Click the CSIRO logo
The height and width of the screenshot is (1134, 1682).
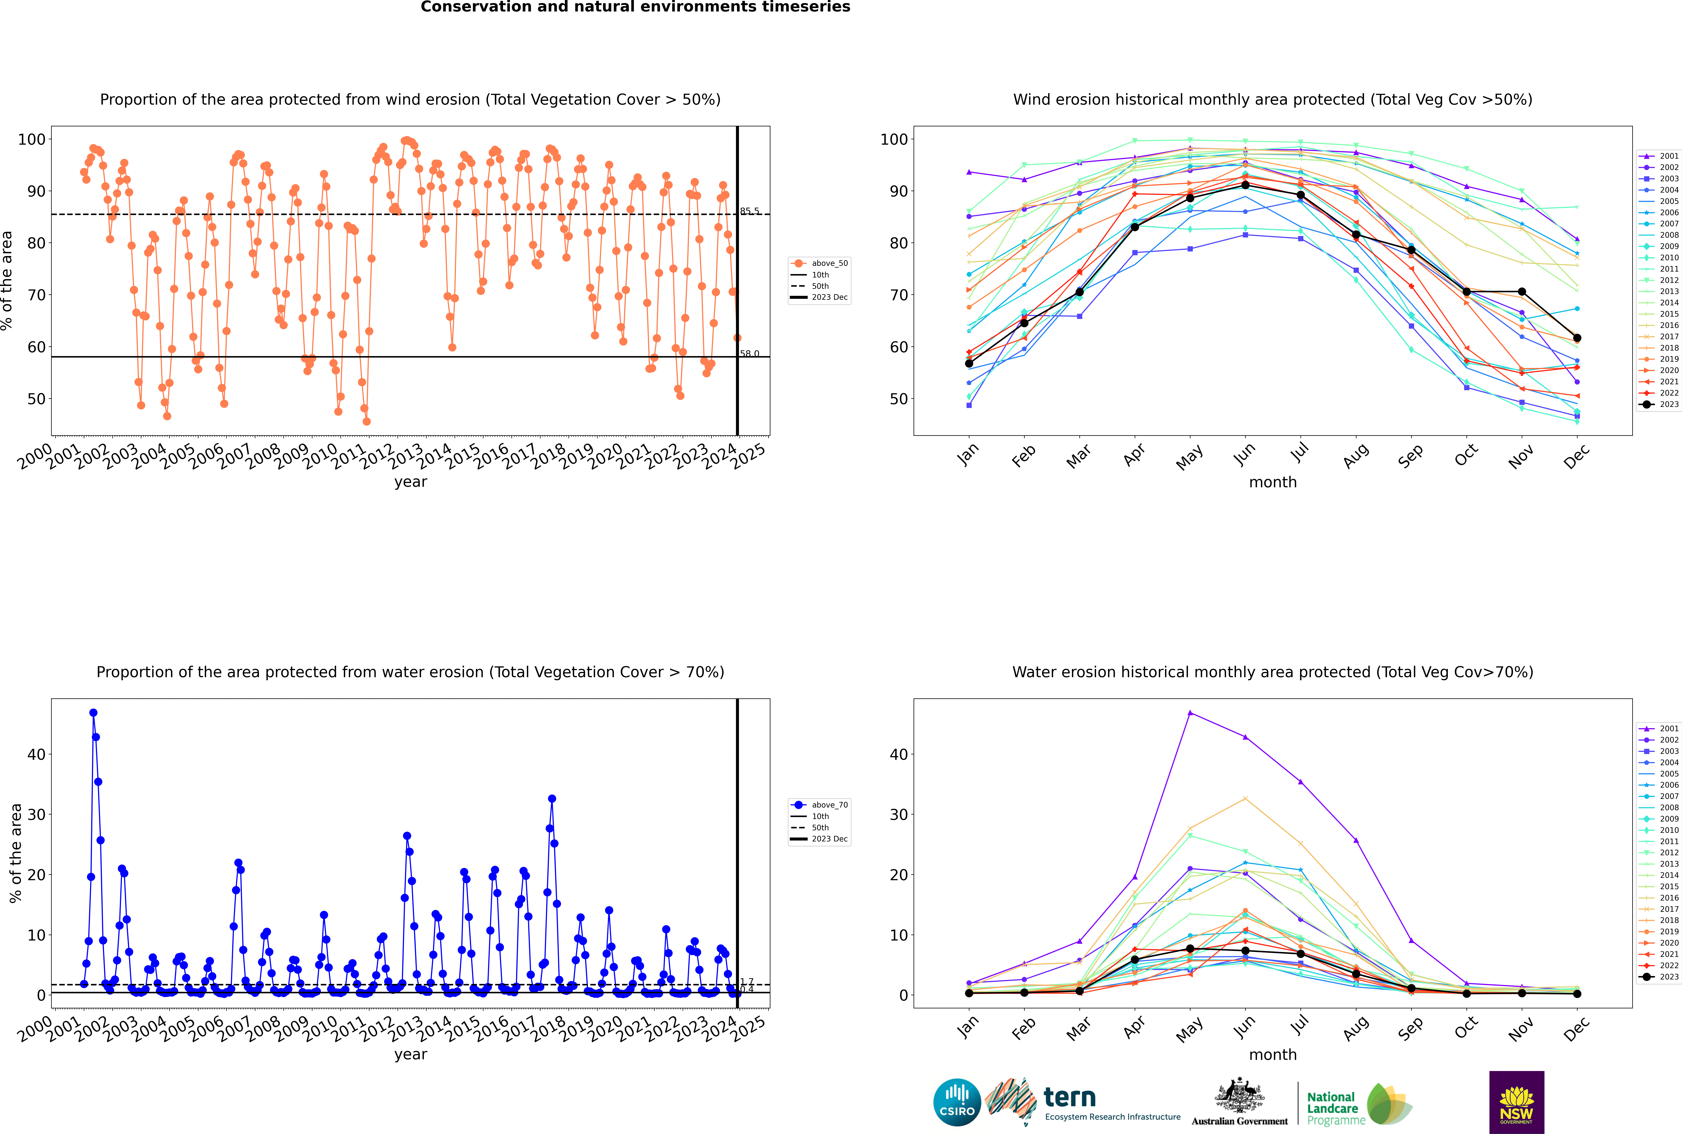click(x=957, y=1103)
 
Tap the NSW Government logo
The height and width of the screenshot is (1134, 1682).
click(x=1516, y=1102)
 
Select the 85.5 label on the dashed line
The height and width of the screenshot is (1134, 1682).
click(x=750, y=211)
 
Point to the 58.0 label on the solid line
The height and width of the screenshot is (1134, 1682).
click(x=750, y=354)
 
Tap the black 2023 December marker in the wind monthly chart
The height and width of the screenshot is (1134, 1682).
click(x=1577, y=338)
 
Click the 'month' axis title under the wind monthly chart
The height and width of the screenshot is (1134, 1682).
click(x=1273, y=482)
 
